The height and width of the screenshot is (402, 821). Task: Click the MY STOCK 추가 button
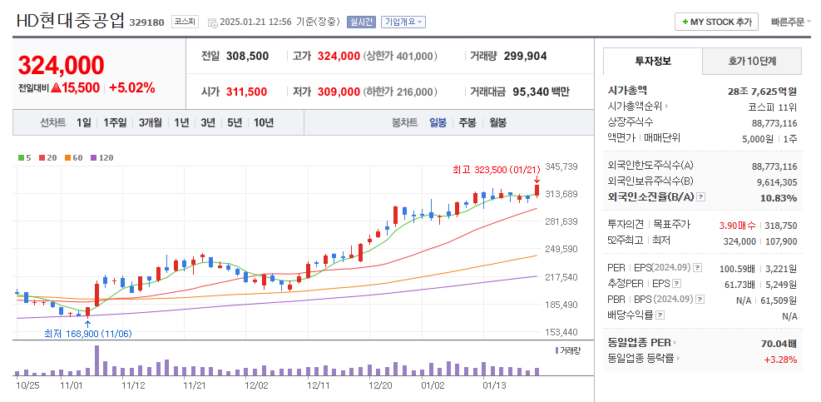click(x=716, y=22)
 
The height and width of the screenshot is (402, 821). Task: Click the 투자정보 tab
click(x=653, y=61)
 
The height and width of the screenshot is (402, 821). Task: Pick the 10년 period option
click(x=264, y=122)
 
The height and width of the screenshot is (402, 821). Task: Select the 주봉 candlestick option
click(x=467, y=122)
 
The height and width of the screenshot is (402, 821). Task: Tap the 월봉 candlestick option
click(x=497, y=122)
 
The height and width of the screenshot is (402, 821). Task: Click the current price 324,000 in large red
click(x=62, y=65)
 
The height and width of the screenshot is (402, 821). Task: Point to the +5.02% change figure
click(x=131, y=87)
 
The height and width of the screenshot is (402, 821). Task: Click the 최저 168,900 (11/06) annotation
click(x=87, y=334)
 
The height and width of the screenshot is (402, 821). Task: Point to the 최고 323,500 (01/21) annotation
click(x=491, y=170)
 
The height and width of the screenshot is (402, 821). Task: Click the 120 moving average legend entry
click(x=102, y=157)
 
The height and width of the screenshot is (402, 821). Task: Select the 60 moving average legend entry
click(x=75, y=157)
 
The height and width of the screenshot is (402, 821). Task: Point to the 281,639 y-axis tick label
click(x=561, y=221)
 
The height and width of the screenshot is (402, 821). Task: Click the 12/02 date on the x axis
click(x=256, y=385)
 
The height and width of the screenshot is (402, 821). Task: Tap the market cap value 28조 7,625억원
click(x=762, y=91)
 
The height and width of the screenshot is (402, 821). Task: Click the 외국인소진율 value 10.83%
click(x=778, y=197)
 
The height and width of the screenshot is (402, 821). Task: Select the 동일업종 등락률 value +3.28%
click(x=780, y=360)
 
